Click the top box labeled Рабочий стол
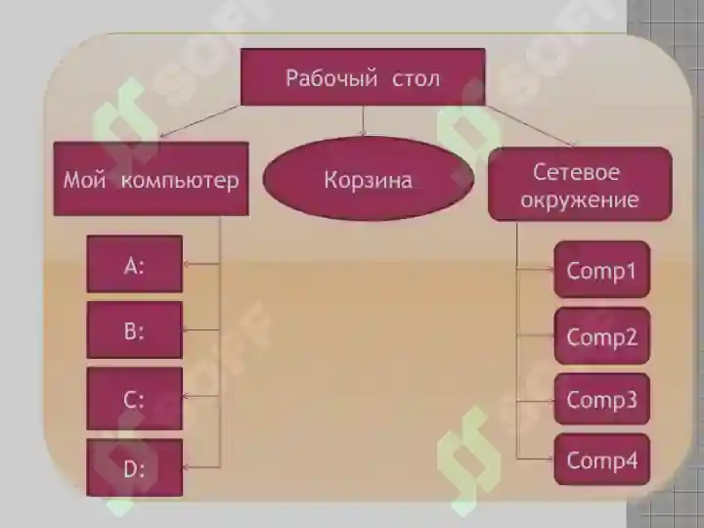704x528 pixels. tap(363, 77)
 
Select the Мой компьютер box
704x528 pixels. tap(151, 179)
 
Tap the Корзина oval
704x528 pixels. tap(369, 178)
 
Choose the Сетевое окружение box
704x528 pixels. tap(580, 184)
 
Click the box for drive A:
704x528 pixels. tap(135, 264)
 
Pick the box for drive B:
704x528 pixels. tap(135, 330)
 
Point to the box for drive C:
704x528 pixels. tap(135, 399)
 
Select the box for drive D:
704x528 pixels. tap(135, 467)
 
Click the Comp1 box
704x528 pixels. tap(602, 270)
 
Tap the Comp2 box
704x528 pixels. tap(602, 335)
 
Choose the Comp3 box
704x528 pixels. tap(602, 399)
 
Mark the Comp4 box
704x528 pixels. tap(602, 460)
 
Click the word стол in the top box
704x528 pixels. tap(417, 79)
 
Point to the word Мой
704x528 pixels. tap(85, 181)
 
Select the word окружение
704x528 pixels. tap(580, 199)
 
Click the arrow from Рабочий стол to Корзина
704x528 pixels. tap(363, 120)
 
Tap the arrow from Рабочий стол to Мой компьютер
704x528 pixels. tap(200, 121)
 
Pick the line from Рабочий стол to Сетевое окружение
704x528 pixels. tap(530, 126)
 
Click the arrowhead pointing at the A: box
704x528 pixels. tap(187, 264)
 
